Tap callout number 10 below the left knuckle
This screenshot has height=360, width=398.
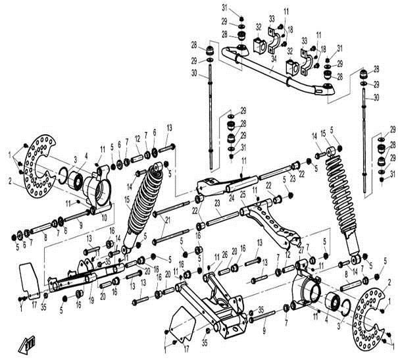(x=105, y=217)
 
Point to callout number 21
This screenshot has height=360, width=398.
(x=168, y=219)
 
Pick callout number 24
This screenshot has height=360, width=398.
(x=232, y=195)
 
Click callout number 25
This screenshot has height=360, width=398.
(x=243, y=195)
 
